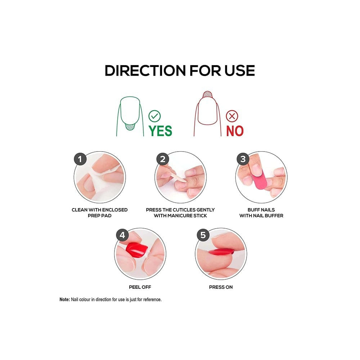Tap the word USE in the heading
239,70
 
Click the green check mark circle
154,116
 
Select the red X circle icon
232,116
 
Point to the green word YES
160,131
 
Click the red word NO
235,131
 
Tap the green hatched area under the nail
130,127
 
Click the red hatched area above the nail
207,94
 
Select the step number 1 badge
80,159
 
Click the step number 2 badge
163,159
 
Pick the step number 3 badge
243,159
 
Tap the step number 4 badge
122,235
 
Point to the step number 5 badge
203,235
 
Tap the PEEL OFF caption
140,287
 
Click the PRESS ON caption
221,287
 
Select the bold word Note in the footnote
64,300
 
